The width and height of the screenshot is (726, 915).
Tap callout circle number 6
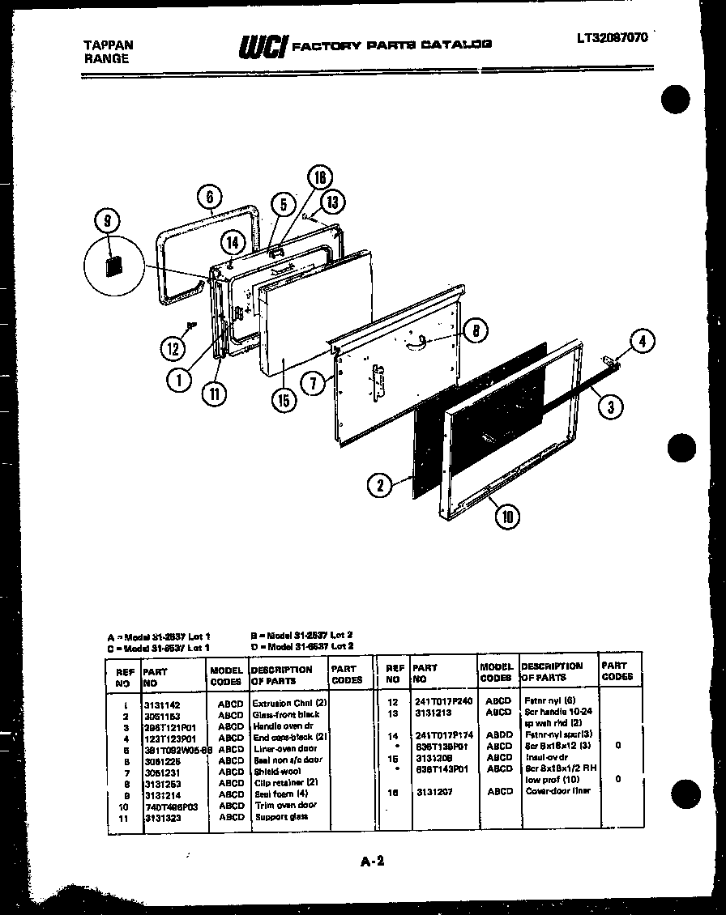pos(209,197)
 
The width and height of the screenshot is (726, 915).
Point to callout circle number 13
pos(331,201)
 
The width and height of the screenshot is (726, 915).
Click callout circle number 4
pos(642,342)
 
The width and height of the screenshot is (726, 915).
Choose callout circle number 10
pos(508,517)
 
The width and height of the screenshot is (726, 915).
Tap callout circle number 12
pos(172,349)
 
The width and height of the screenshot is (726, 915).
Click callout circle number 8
pos(476,330)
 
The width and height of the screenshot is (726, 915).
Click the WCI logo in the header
pos(263,47)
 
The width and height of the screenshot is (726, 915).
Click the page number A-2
pos(371,861)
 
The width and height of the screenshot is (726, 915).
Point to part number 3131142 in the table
pos(162,704)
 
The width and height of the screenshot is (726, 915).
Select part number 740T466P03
pos(171,806)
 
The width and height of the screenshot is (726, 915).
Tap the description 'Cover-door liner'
pos(557,791)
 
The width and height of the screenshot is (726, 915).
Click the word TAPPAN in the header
pos(109,45)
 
